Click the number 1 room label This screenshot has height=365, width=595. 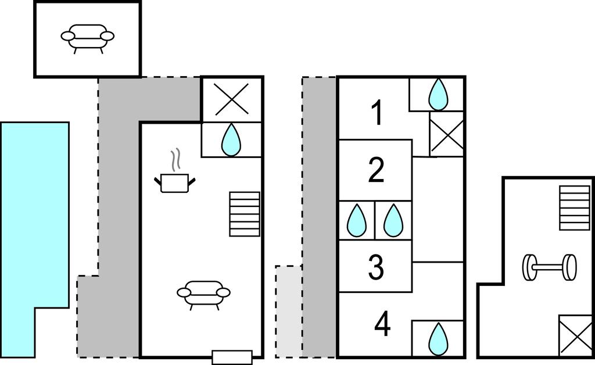click(x=377, y=113)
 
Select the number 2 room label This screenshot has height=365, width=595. click(x=377, y=170)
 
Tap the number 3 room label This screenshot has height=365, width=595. click(x=377, y=267)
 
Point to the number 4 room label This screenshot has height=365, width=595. click(x=382, y=324)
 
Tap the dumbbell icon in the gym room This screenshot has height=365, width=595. click(x=549, y=267)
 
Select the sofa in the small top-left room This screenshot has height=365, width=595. click(x=87, y=37)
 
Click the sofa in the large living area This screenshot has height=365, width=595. click(x=203, y=293)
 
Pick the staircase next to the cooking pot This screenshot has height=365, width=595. click(x=245, y=214)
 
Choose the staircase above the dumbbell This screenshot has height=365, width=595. click(x=574, y=207)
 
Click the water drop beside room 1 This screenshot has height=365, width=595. click(x=438, y=94)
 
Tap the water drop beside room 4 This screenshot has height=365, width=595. click(x=438, y=338)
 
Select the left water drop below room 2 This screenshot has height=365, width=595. click(x=356, y=220)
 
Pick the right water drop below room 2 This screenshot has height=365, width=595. click(x=393, y=220)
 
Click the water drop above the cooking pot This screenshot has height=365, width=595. click(x=231, y=139)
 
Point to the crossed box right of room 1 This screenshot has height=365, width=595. click(x=446, y=134)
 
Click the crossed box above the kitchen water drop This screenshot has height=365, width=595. click(x=231, y=99)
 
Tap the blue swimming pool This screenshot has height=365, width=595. click(x=34, y=232)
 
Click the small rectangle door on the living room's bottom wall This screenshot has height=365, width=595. click(x=232, y=357)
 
